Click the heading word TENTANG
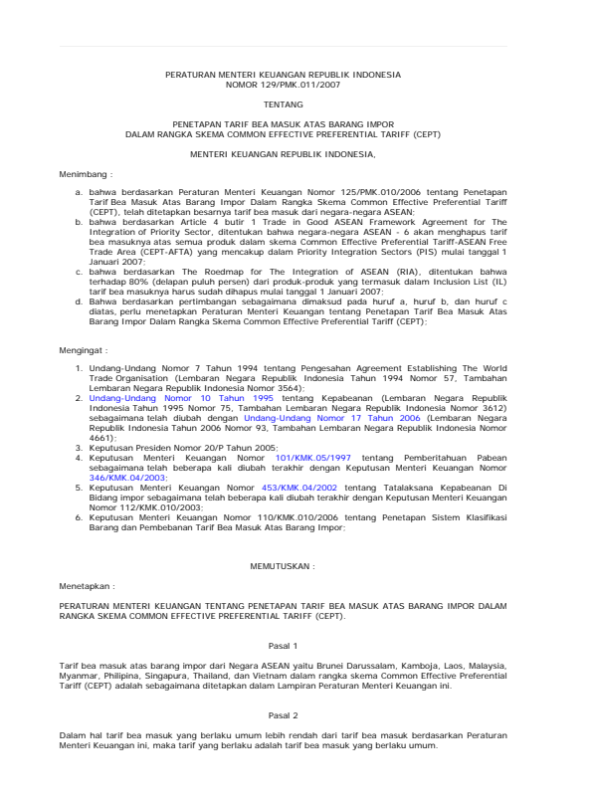(x=283, y=103)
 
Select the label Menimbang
(x=87, y=172)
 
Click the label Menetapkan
(x=87, y=586)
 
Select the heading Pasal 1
(x=283, y=645)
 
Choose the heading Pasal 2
(x=283, y=714)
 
